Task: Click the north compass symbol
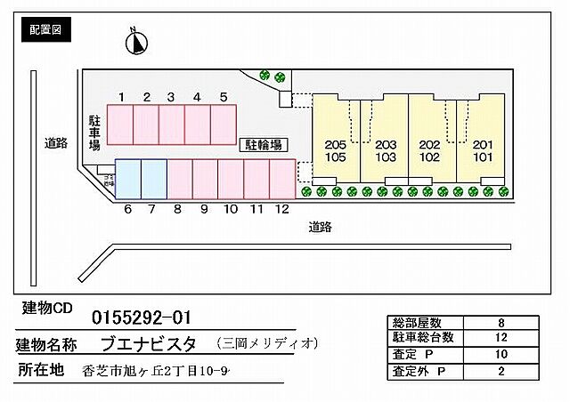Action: [x=137, y=43]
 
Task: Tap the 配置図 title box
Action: [x=45, y=30]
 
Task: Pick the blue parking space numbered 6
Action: [x=128, y=179]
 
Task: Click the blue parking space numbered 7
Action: [x=153, y=179]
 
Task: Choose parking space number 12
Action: [x=282, y=179]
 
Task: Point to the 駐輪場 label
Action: [x=265, y=142]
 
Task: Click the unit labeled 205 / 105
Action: [x=335, y=150]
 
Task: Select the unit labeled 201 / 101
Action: [x=482, y=150]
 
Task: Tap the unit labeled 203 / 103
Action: [x=385, y=150]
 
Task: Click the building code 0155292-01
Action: [x=142, y=318]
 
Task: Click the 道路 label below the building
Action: [x=321, y=227]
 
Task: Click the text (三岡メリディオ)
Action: [x=266, y=343]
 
